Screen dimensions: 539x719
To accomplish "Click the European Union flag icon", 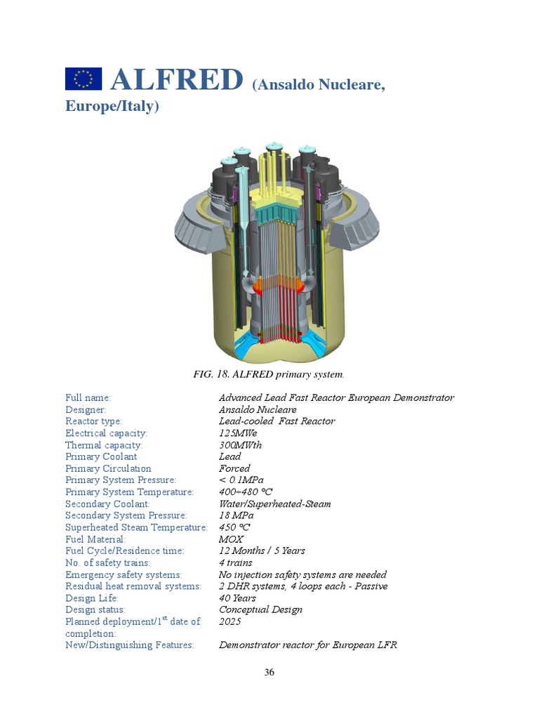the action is click(84, 79).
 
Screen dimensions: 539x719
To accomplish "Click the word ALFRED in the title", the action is click(176, 80).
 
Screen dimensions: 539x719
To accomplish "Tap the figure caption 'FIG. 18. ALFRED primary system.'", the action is click(269, 374).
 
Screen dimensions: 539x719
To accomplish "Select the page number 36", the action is click(269, 672).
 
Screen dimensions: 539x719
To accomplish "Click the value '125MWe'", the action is click(239, 433).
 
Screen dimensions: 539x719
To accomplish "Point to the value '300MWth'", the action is click(241, 445).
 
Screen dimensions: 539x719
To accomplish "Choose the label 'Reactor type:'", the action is click(93, 421).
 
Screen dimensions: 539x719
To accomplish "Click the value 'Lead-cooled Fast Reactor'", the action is click(277, 421).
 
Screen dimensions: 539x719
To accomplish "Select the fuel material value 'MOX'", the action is click(231, 539).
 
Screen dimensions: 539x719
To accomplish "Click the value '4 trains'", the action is click(235, 562).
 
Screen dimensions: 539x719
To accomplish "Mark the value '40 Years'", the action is click(237, 598).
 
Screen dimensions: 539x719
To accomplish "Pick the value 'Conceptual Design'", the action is click(260, 609).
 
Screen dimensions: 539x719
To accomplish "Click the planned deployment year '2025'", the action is click(230, 621).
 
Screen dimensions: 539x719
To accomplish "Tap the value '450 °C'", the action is click(234, 527).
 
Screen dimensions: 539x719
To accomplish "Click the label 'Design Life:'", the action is click(92, 598).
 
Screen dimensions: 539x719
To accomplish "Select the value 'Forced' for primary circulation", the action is click(234, 468).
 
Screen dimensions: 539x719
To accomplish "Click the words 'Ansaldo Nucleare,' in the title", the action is click(319, 85).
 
